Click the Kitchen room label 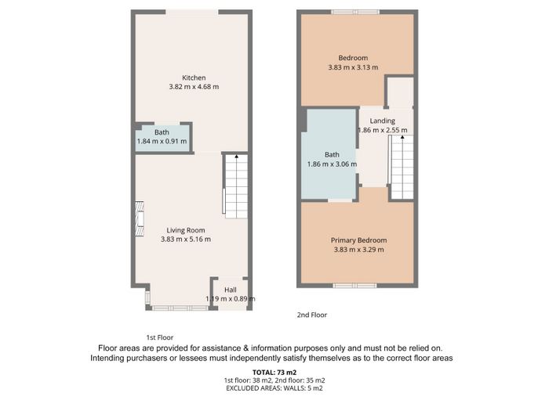[194, 78]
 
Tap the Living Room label [186, 230]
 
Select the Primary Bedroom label [359, 240]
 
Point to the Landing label [383, 121]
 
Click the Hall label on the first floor [231, 290]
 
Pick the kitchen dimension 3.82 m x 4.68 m [194, 87]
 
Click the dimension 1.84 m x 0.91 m [162, 142]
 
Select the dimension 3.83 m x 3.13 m [353, 67]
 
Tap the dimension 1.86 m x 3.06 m [332, 164]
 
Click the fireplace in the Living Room [140, 218]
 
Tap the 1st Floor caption [160, 337]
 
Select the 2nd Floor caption [312, 315]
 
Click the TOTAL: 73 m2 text [274, 373]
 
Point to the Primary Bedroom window [354, 286]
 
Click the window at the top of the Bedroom [355, 12]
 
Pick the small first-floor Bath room [162, 138]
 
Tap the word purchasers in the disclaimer [141, 359]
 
